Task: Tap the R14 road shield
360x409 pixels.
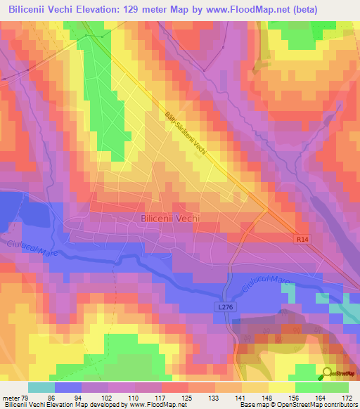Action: [301, 240]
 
